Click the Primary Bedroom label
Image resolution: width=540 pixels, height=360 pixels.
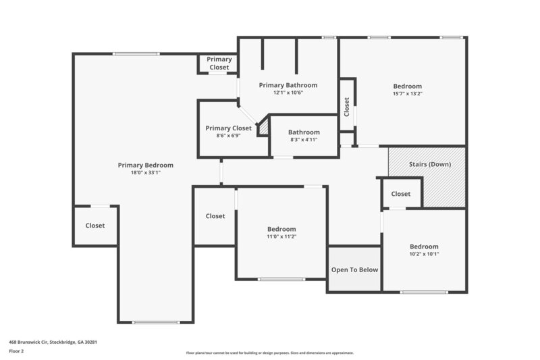point(145,165)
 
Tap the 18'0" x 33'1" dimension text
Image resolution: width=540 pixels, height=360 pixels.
point(145,173)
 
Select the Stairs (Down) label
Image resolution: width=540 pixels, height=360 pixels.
point(430,164)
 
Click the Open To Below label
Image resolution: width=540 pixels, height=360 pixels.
point(354,269)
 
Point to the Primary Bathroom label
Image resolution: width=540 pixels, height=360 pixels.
point(288,85)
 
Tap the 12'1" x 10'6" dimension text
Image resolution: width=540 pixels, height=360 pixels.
point(288,93)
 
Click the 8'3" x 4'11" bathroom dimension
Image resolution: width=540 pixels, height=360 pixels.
point(304,140)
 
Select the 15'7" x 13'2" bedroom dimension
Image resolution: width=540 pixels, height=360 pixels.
point(408,94)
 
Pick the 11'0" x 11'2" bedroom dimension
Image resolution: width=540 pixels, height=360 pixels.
point(281,237)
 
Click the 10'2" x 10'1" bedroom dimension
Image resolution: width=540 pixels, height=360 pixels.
point(424,255)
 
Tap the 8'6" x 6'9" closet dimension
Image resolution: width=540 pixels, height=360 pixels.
point(229,136)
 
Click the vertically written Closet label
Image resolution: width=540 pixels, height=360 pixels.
point(347,107)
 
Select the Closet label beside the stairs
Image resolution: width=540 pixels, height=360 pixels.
point(401,194)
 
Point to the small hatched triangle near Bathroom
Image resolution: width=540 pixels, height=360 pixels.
point(264,126)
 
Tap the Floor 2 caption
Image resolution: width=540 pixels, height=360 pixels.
point(16,352)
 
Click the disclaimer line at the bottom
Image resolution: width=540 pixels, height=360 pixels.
point(269,353)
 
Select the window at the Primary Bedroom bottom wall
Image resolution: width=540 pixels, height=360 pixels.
point(155,322)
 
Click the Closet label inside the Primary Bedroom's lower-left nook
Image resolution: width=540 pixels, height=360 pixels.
point(95,226)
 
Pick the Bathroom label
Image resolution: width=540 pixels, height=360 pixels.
point(304,132)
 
